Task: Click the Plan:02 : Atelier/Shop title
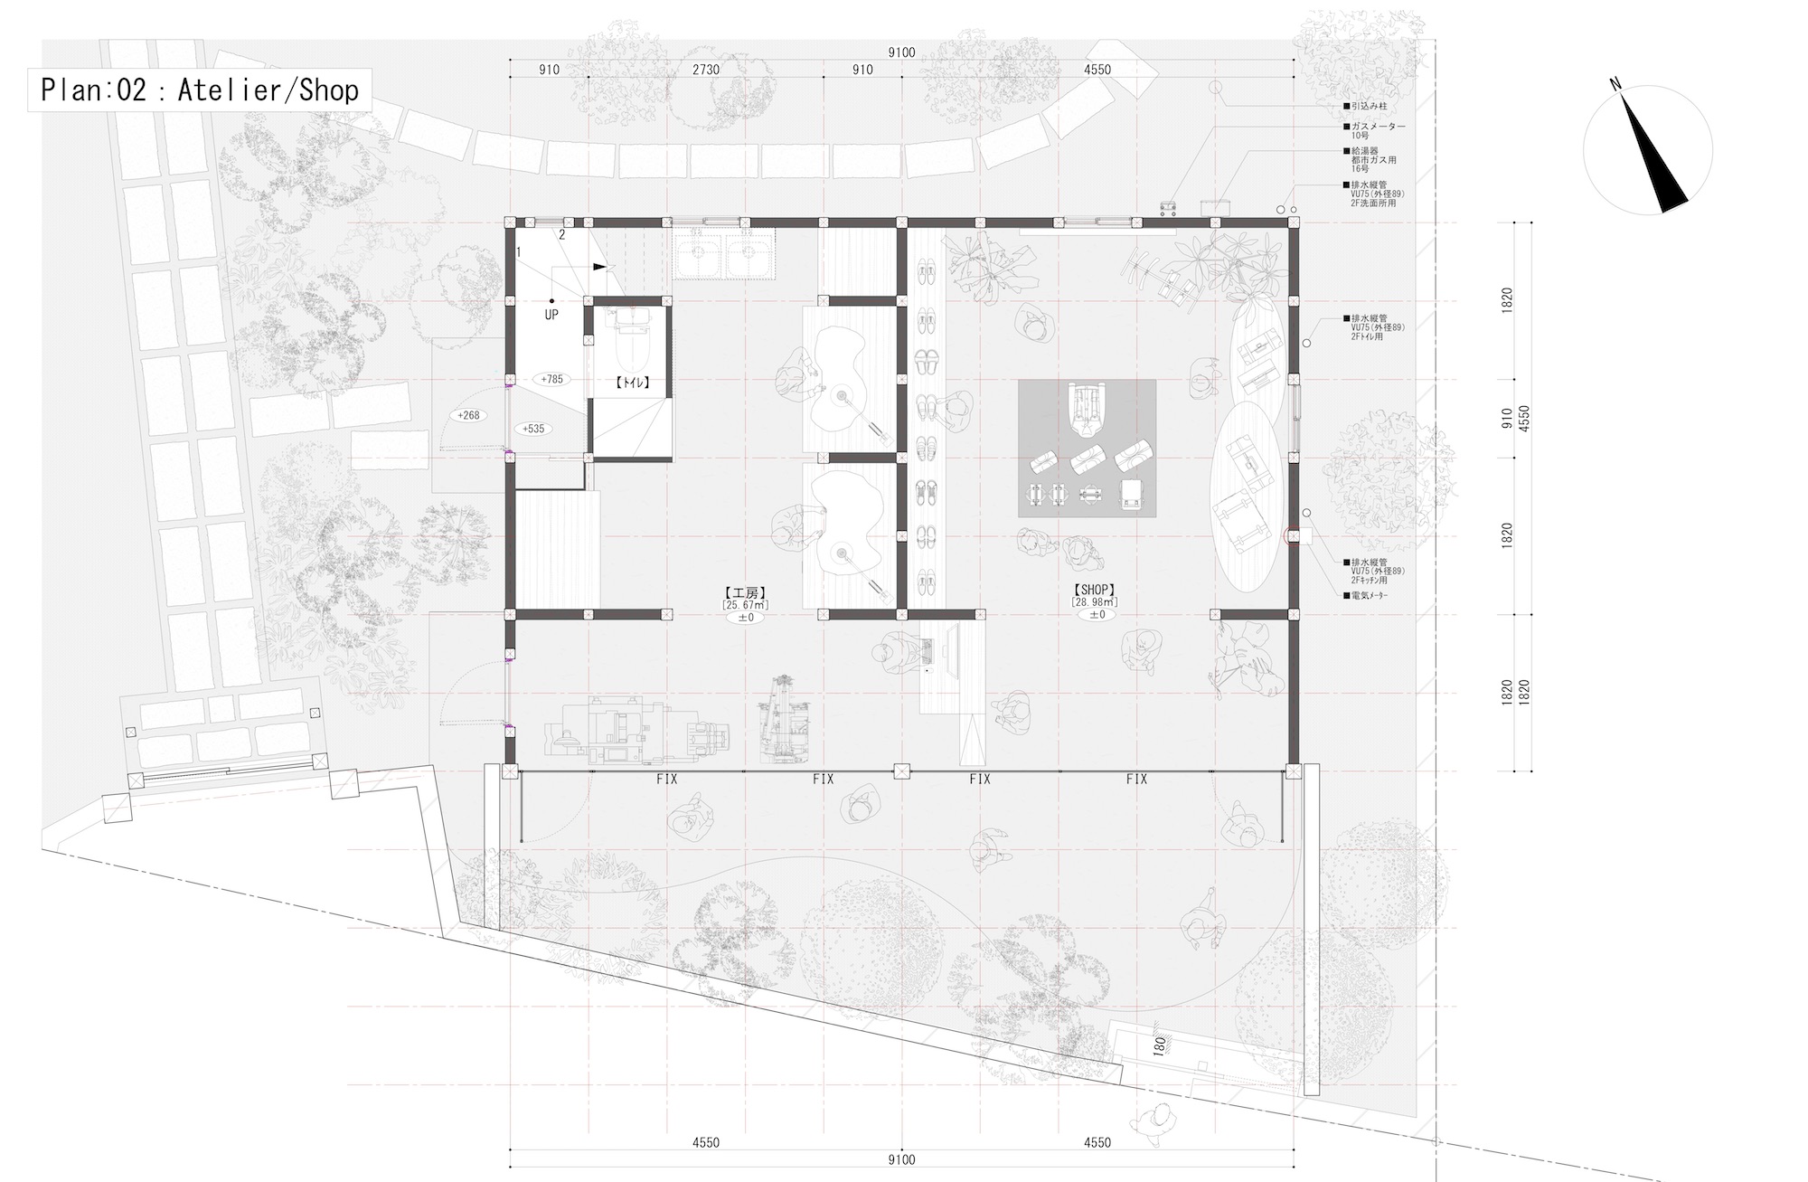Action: point(200,90)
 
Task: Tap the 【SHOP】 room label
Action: point(1095,589)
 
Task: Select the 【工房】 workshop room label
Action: point(745,593)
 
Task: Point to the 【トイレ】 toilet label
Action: point(633,383)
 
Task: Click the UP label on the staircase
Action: point(551,315)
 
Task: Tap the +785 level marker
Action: point(551,379)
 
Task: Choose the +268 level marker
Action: point(468,415)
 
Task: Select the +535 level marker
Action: point(535,429)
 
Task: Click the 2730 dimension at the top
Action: point(706,70)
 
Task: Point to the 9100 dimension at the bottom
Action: point(901,1159)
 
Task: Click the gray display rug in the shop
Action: point(1087,449)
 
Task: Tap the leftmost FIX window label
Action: point(667,779)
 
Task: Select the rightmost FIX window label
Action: point(1136,779)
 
